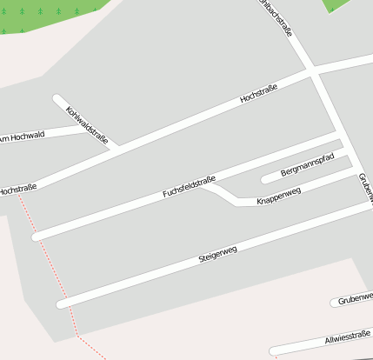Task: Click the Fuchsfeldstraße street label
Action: pyautogui.click(x=189, y=187)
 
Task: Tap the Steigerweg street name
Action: pyautogui.click(x=217, y=253)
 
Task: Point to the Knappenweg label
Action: pyautogui.click(x=278, y=197)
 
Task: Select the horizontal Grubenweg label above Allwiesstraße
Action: pyautogui.click(x=355, y=297)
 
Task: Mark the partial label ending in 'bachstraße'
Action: pyautogui.click(x=276, y=17)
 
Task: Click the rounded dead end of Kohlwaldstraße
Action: pyautogui.click(x=57, y=98)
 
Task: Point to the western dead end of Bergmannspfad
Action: pyautogui.click(x=265, y=180)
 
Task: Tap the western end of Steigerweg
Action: pyautogui.click(x=60, y=304)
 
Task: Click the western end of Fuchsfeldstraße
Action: pyautogui.click(x=36, y=236)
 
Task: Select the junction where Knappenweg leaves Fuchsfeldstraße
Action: pyautogui.click(x=206, y=183)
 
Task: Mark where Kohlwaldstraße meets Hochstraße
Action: pyautogui.click(x=113, y=149)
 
